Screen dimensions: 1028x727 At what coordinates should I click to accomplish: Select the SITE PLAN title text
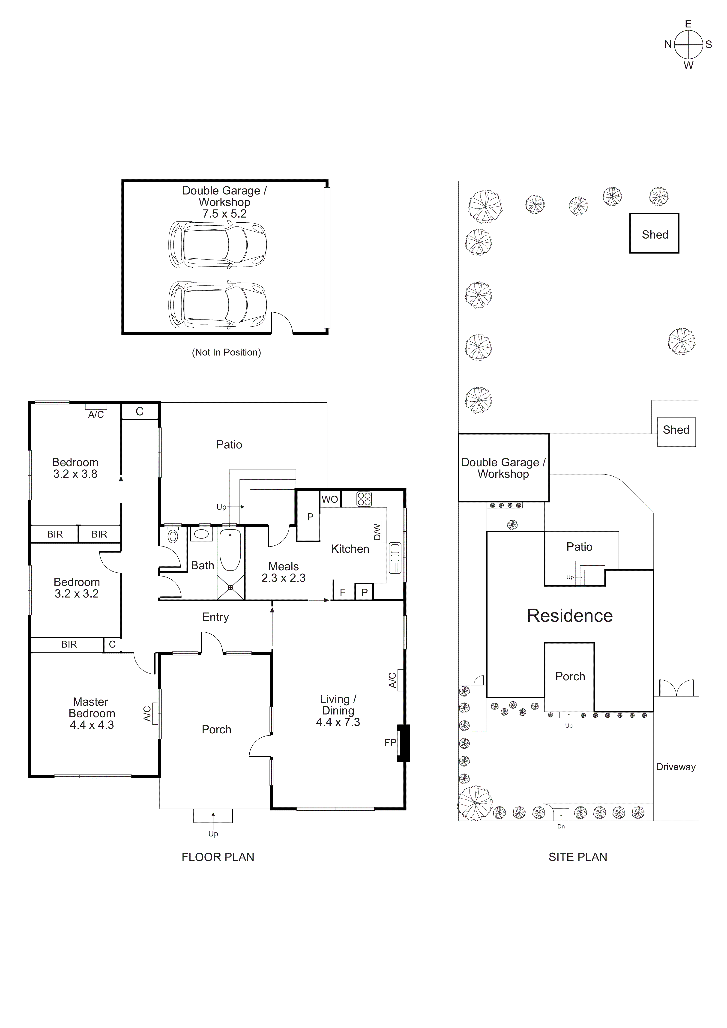[577, 857]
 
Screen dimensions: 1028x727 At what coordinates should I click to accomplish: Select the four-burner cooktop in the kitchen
[364, 499]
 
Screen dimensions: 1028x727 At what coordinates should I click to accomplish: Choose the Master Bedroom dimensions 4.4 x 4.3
[92, 725]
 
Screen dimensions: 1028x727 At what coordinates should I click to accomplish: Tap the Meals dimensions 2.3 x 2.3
[283, 578]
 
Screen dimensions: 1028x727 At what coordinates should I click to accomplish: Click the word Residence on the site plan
[569, 616]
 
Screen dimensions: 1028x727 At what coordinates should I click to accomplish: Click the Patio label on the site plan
[579, 547]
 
